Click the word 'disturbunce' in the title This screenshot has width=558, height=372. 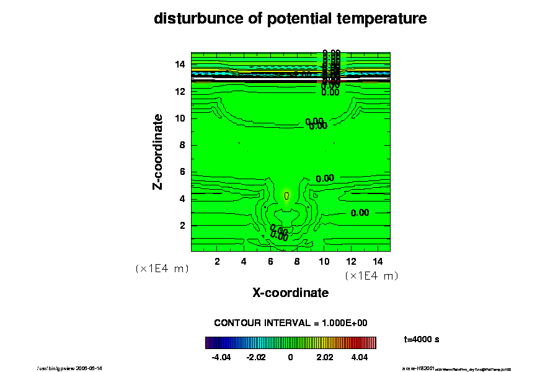189,19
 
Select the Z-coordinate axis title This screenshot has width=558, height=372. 159,151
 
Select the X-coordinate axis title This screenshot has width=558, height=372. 290,293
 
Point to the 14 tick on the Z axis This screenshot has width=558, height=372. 180,64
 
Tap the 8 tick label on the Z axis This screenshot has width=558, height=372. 183,145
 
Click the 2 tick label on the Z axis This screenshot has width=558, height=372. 183,226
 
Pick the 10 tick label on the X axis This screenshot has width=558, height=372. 324,261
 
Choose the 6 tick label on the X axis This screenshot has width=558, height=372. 271,261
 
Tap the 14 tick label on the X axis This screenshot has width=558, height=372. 377,261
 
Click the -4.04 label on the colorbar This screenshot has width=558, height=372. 221,357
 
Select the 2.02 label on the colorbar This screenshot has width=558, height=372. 325,357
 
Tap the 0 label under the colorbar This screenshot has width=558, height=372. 290,357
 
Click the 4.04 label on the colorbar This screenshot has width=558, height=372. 360,357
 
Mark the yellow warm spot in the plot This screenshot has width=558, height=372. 286,195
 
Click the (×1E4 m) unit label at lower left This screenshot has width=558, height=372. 162,269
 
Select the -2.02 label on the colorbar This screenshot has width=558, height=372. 255,357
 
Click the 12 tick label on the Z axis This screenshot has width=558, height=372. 180,91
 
